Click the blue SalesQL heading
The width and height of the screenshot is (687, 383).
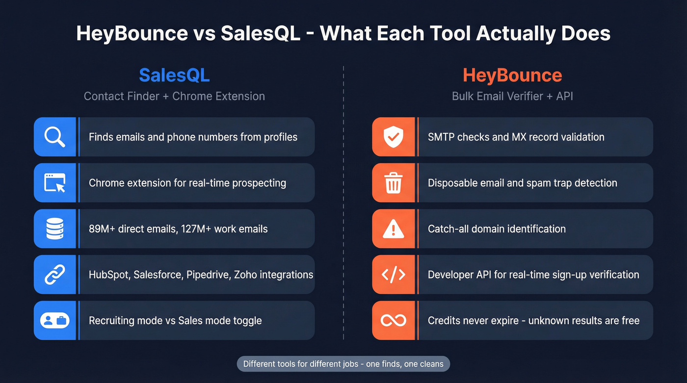click(174, 75)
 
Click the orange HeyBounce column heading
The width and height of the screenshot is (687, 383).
click(512, 75)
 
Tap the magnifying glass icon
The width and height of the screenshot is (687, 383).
click(55, 137)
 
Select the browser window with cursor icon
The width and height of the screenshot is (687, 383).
click(55, 183)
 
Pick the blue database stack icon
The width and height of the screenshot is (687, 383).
click(55, 229)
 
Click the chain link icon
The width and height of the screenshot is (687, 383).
click(55, 275)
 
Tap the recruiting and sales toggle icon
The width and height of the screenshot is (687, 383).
click(55, 321)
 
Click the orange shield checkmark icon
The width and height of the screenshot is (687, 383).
click(394, 137)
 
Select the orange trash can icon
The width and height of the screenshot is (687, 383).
click(394, 183)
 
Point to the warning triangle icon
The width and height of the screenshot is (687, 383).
click(394, 229)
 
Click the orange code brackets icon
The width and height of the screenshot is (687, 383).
click(394, 275)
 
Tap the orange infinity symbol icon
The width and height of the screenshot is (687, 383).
click(394, 321)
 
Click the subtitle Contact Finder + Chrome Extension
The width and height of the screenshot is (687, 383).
click(174, 96)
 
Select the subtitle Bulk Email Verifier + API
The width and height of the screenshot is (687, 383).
click(512, 96)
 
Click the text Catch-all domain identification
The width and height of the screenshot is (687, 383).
click(497, 229)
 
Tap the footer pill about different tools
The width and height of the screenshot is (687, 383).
click(343, 364)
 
